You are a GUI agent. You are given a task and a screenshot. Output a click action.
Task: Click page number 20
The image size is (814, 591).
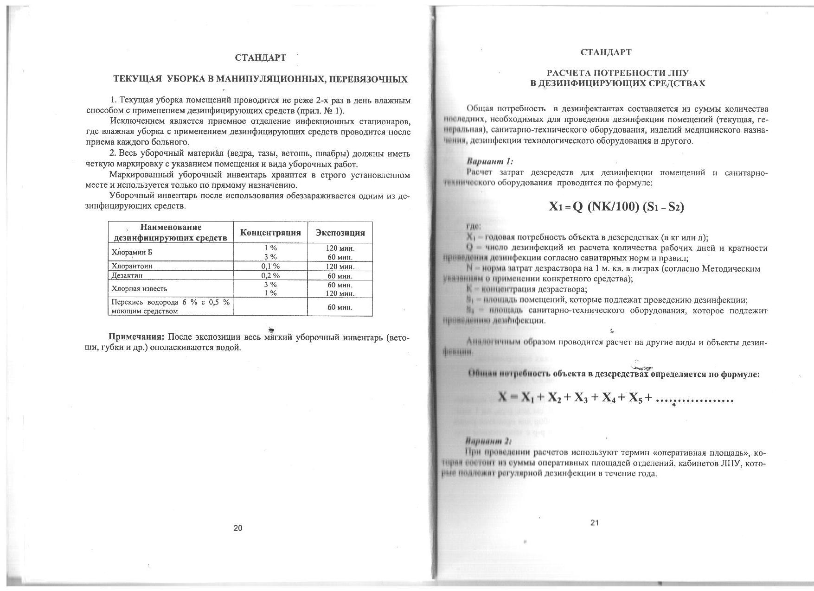point(238,528)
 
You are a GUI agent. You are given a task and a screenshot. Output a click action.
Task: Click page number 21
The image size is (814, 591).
point(595,523)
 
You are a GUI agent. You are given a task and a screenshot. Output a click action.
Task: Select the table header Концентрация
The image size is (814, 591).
point(270,233)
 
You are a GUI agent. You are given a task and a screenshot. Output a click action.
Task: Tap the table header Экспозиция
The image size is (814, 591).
point(340,233)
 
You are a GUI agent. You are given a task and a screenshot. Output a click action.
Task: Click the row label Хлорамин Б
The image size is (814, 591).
point(132,253)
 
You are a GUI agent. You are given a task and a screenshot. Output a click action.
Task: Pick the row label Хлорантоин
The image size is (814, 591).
point(132,266)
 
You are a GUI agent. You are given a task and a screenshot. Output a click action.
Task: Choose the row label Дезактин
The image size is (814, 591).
point(127,275)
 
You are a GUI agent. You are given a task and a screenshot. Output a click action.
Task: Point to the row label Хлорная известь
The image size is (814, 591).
point(139,289)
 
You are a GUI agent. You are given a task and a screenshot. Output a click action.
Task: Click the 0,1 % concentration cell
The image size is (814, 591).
point(270,266)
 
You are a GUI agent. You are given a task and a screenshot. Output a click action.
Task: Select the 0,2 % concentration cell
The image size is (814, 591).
point(270,275)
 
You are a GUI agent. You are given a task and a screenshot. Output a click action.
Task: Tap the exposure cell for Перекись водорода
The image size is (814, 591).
point(340,307)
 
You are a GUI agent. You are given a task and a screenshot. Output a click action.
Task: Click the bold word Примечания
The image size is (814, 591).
point(136,337)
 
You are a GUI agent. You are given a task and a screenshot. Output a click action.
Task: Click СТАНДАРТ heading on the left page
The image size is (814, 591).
point(260,58)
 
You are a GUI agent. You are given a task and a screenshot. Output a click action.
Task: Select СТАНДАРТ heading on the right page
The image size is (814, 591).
point(606,52)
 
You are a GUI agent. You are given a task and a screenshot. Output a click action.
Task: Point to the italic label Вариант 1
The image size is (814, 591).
point(489,162)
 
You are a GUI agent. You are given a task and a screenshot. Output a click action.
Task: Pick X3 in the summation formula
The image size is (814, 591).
point(582,398)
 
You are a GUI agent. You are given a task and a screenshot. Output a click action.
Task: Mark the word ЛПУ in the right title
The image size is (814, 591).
point(678,73)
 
